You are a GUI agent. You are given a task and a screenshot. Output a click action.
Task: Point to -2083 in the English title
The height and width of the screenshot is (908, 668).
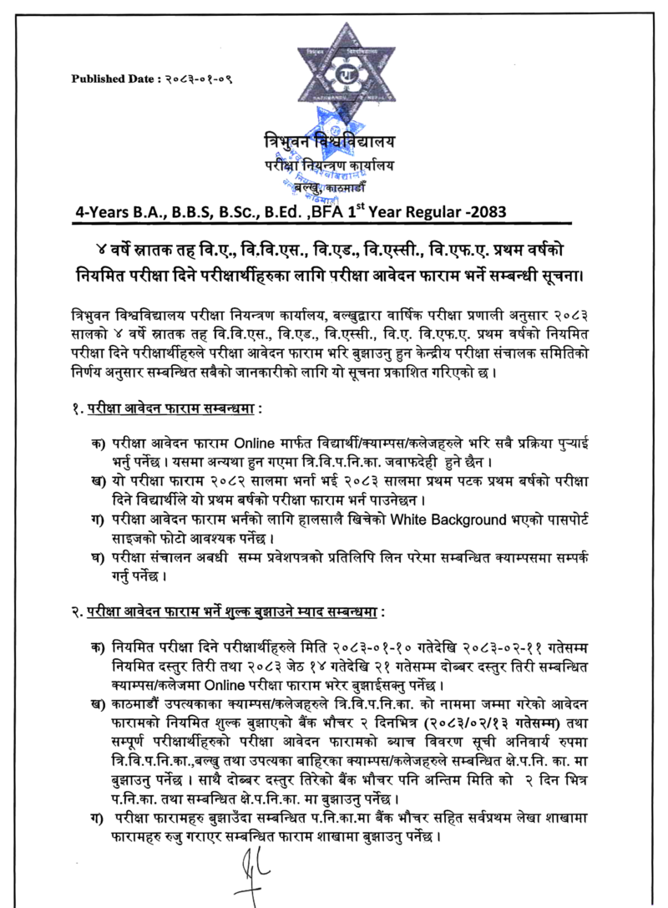coord(482,210)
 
